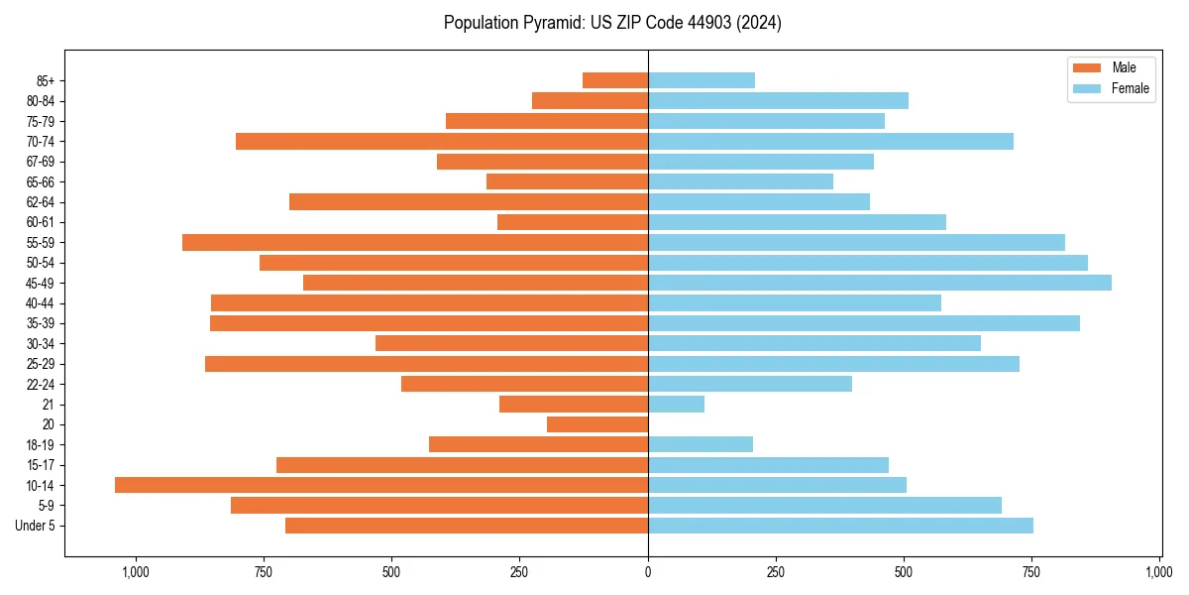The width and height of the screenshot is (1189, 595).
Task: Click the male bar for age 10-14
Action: (381, 485)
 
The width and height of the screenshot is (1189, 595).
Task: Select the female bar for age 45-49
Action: (879, 283)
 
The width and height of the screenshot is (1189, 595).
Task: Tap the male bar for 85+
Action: (615, 80)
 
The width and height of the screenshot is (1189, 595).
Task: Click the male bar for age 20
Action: (597, 424)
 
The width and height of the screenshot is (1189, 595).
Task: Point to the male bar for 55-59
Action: (415, 242)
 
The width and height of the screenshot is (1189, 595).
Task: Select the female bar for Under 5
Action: (840, 526)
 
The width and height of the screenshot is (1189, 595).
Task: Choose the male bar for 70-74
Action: (442, 141)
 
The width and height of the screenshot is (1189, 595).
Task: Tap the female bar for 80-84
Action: (778, 100)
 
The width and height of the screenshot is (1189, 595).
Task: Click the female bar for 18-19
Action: (701, 444)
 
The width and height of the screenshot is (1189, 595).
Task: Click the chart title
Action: (612, 23)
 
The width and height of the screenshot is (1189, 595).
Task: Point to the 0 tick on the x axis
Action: (648, 572)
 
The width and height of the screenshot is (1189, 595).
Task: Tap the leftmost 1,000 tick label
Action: (135, 572)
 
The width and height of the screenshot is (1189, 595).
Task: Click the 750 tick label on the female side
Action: (1031, 572)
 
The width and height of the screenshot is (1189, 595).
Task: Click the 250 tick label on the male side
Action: (519, 572)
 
